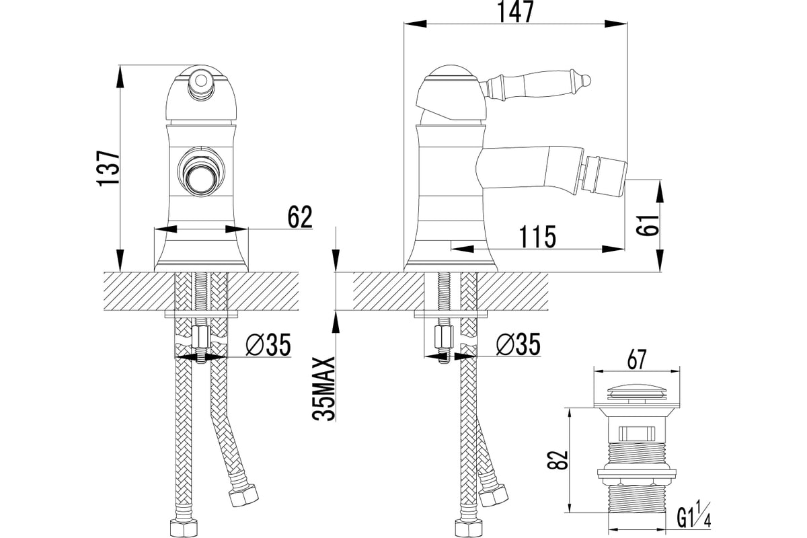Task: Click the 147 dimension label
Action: click(x=516, y=11)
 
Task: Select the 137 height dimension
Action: click(x=108, y=168)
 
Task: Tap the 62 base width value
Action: click(x=300, y=217)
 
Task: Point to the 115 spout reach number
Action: click(x=537, y=237)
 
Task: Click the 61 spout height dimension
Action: click(x=647, y=225)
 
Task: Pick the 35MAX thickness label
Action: click(x=323, y=389)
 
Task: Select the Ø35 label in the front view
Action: click(x=268, y=344)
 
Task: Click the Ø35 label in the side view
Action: click(x=518, y=344)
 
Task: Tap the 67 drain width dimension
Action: click(x=637, y=359)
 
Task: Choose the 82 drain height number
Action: click(x=558, y=460)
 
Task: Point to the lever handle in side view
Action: click(x=537, y=87)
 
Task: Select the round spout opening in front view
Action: click(x=200, y=171)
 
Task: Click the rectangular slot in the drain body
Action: click(x=637, y=433)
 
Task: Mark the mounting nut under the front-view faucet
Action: click(x=201, y=338)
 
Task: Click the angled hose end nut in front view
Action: click(x=244, y=496)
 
